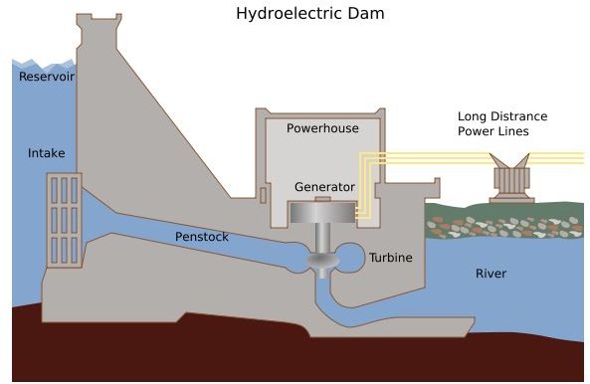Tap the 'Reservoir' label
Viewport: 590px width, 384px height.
coord(47,77)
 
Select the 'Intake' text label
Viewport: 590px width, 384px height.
coord(46,153)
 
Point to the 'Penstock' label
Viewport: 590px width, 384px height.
coord(202,237)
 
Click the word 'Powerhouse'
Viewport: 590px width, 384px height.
coord(320,128)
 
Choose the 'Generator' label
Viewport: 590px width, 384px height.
coord(324,187)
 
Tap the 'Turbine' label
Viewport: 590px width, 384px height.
coord(390,257)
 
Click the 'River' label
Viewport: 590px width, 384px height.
coord(491,273)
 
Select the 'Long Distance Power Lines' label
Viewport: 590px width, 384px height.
coord(501,123)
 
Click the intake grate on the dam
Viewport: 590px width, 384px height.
coord(65,218)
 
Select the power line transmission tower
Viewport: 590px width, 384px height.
coord(511,178)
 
